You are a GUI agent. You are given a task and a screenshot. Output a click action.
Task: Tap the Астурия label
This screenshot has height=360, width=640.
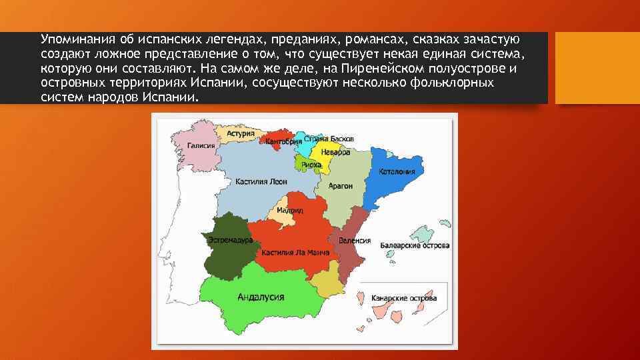click(x=241, y=133)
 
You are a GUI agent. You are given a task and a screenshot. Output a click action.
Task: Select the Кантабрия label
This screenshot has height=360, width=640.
click(x=279, y=141)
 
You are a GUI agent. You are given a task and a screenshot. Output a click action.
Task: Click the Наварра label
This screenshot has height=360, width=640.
click(x=337, y=152)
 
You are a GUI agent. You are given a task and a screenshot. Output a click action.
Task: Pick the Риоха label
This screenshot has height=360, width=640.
click(x=311, y=164)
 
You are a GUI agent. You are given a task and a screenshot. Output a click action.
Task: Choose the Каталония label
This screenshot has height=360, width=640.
click(x=397, y=171)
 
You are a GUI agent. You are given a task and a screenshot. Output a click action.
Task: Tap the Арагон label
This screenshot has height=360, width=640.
click(x=341, y=186)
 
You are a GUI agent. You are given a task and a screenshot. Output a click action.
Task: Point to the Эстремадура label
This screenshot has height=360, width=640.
click(x=230, y=239)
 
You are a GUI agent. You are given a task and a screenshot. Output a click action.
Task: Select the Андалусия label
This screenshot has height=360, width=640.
click(x=261, y=297)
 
